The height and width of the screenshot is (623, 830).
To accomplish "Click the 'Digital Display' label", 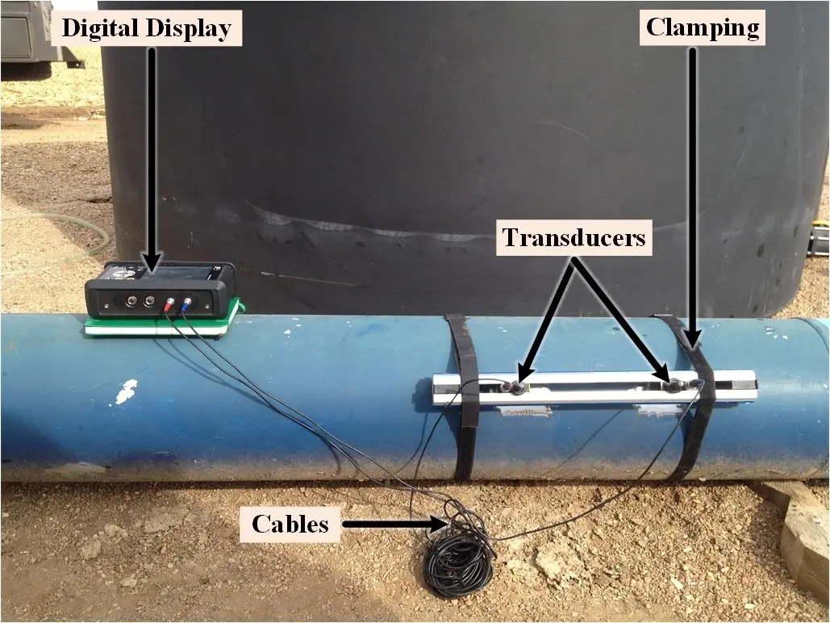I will [x=146, y=29].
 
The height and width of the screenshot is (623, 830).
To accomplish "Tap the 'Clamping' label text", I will [x=703, y=29].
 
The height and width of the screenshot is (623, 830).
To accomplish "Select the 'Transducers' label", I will [x=573, y=238].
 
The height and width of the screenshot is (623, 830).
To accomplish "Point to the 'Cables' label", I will [x=290, y=524].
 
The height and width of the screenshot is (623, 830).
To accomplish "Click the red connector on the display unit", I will [x=169, y=305].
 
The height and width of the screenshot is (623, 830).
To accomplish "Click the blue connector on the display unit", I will [x=187, y=304].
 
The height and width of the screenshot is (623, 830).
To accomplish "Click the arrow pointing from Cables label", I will [x=395, y=525].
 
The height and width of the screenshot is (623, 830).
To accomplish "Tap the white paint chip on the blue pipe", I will [x=127, y=392].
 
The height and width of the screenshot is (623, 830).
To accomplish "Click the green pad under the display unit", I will [x=161, y=328].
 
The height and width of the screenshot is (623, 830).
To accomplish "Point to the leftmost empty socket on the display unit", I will [x=129, y=303].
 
